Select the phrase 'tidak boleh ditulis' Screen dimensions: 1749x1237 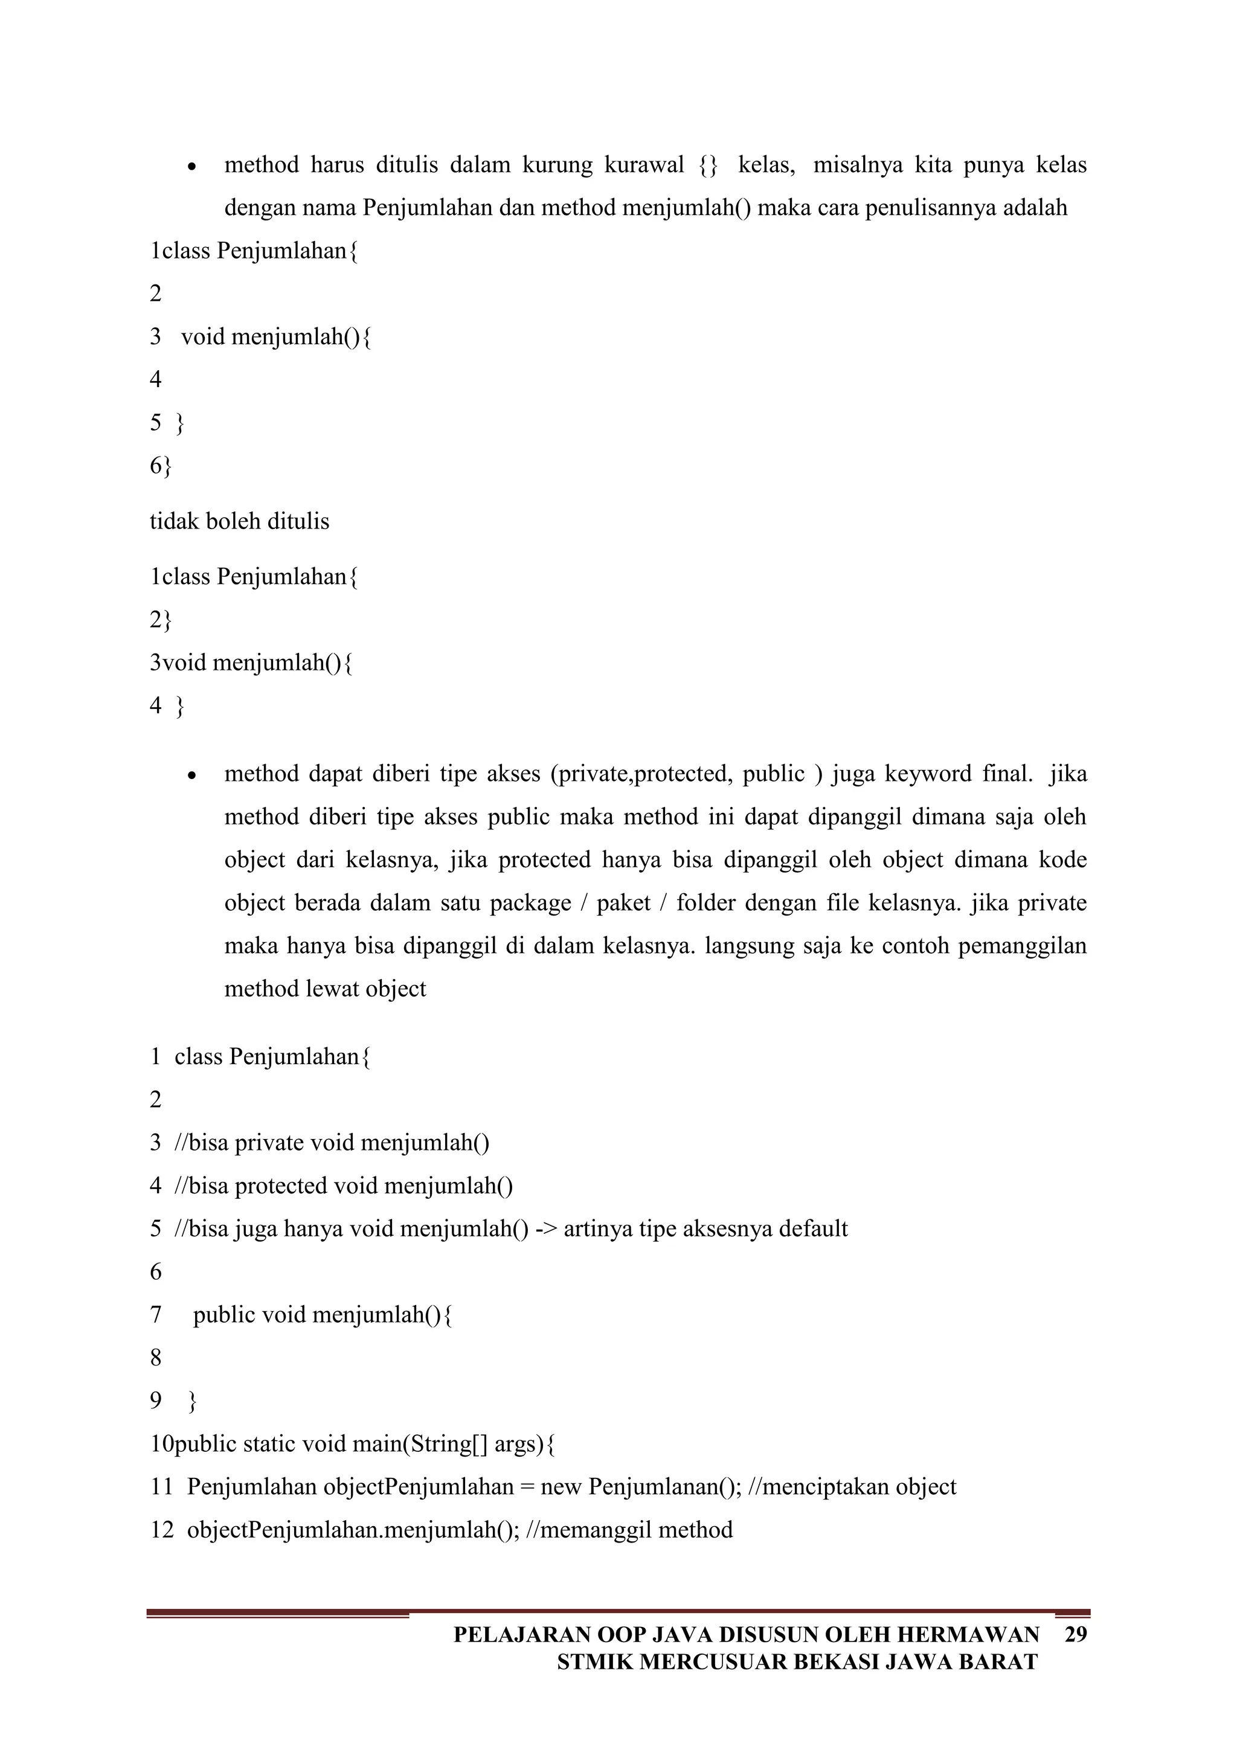coord(239,522)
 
